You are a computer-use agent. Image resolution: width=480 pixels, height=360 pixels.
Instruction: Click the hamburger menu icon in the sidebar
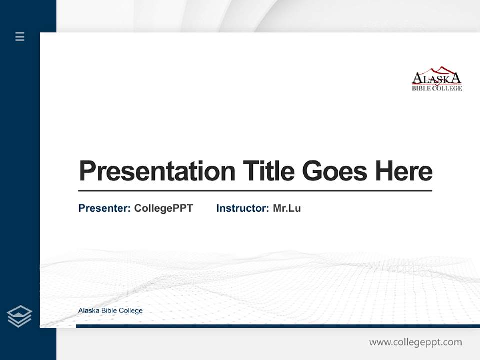click(20, 36)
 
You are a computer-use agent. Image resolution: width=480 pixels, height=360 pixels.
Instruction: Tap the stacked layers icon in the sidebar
click(19, 316)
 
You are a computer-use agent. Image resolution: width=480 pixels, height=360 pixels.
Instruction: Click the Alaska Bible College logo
click(437, 79)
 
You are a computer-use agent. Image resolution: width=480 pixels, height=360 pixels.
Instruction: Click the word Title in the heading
click(268, 171)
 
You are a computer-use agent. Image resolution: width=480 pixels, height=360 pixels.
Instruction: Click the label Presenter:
click(104, 208)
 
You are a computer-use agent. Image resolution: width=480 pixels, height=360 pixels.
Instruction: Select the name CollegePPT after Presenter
click(163, 208)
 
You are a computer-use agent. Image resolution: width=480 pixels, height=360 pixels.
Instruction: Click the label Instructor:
click(242, 208)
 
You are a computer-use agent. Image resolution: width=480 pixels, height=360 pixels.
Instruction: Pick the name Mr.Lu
click(287, 208)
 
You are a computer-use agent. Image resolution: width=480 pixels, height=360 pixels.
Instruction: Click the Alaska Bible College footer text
click(110, 311)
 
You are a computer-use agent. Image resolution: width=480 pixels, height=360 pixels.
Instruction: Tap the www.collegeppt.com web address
click(415, 342)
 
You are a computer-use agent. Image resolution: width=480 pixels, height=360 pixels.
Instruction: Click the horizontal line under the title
click(255, 191)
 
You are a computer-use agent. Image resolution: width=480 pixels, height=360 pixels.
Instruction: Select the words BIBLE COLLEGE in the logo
click(437, 88)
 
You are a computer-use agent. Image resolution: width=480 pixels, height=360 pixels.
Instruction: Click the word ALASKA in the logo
click(437, 79)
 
